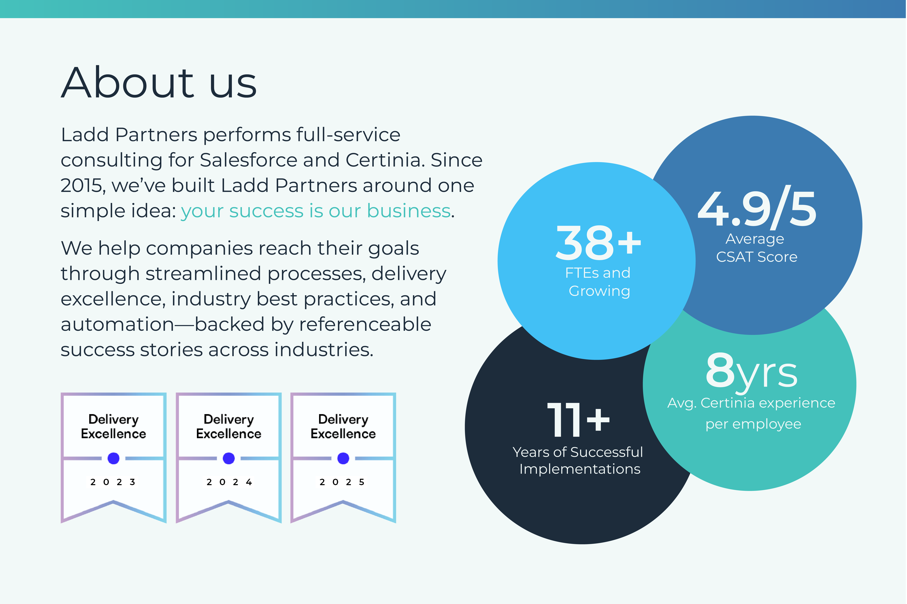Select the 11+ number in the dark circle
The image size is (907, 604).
click(579, 420)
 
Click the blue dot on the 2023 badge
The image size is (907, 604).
click(113, 458)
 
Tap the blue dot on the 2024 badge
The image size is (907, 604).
click(229, 458)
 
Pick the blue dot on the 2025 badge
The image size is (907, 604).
click(343, 458)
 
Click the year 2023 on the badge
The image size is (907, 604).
click(113, 482)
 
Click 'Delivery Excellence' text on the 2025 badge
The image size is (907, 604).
click(343, 426)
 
